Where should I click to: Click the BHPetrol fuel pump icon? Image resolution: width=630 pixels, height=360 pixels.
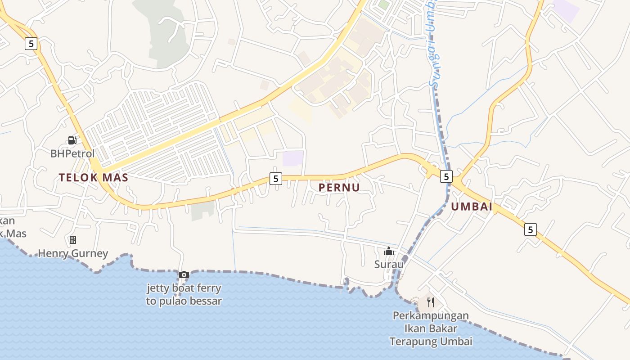pos(72,140)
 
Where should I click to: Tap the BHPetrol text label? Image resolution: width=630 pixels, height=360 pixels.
pos(72,153)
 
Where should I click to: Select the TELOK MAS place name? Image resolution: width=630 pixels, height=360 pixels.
pos(94,177)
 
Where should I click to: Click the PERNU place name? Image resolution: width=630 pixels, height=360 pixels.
pos(339,188)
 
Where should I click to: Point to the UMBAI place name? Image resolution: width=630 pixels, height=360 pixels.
pos(472,207)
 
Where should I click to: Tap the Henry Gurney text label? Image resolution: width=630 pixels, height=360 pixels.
pos(73,253)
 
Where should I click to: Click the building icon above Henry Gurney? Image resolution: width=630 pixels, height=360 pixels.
pos(73,239)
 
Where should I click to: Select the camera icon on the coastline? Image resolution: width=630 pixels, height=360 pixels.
pos(184,274)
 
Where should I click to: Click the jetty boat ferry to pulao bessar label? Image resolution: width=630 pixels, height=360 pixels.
pos(184,295)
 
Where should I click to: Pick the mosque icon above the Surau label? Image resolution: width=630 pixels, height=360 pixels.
pos(389,251)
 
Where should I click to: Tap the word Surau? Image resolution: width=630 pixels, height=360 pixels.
pos(389,264)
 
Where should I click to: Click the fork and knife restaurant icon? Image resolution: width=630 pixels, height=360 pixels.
pos(431,302)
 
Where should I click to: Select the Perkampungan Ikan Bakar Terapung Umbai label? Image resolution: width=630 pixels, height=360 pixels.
pos(431,328)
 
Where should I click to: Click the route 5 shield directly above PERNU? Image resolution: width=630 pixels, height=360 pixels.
pos(276,179)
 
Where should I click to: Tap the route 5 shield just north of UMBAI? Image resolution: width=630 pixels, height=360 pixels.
pos(446,176)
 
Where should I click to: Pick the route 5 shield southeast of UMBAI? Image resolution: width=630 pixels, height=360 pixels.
pos(531,229)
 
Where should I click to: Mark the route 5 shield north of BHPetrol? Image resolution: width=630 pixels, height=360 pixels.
pos(31,43)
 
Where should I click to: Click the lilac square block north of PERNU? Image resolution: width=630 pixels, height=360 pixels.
pos(293,158)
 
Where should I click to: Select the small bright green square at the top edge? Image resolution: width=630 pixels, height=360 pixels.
pos(383,4)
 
